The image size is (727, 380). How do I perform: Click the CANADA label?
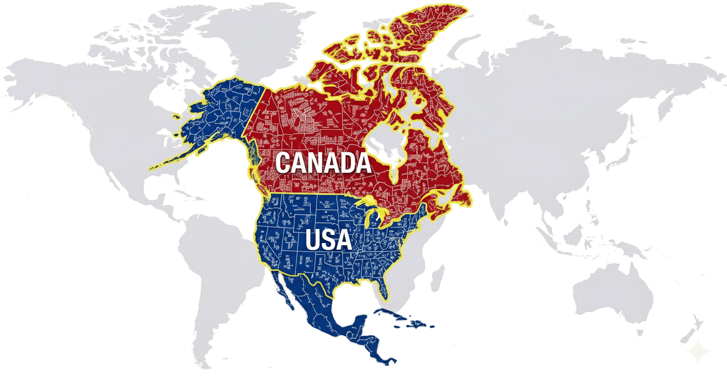click(323, 163)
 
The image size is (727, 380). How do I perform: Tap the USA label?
click(328, 240)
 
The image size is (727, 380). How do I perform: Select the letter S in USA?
click(328, 240)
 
